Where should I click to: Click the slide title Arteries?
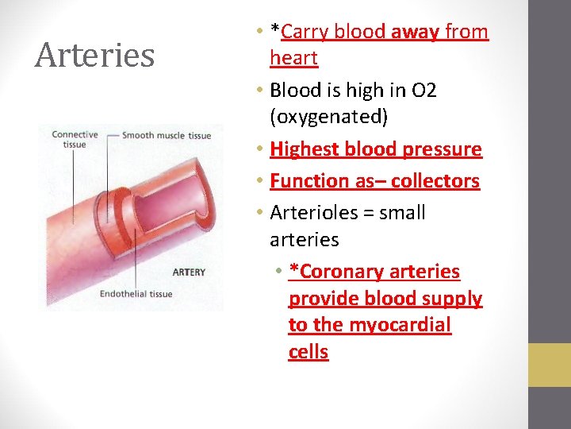(94, 56)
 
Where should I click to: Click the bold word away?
(415, 32)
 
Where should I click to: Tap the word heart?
(293, 58)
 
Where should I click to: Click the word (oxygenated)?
(328, 118)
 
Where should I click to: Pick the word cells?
(308, 352)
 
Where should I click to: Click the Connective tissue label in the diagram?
(75, 139)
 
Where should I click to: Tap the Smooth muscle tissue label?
(167, 136)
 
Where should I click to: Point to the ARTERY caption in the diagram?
(189, 272)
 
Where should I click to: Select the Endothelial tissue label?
(136, 294)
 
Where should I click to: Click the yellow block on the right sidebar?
(550, 365)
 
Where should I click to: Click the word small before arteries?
(402, 213)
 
